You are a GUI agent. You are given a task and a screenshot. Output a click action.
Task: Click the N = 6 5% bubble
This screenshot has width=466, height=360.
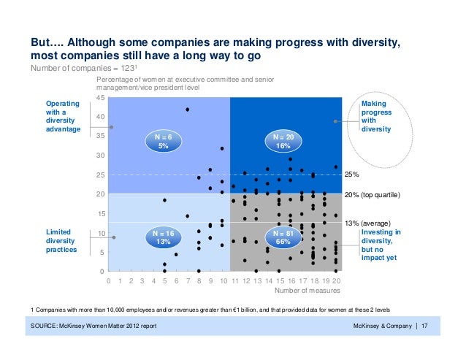(163, 141)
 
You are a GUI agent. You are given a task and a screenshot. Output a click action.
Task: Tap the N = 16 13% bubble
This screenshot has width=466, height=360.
(163, 237)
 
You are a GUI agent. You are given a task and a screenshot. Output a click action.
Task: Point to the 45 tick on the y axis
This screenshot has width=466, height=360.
(102, 97)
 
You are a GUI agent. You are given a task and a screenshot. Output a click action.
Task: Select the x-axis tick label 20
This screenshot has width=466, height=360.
(335, 280)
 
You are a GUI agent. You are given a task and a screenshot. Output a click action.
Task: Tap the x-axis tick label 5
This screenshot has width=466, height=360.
(165, 280)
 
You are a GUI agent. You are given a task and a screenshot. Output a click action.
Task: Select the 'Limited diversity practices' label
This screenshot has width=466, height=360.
(62, 242)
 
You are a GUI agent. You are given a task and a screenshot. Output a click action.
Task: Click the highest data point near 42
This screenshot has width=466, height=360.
(188, 110)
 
